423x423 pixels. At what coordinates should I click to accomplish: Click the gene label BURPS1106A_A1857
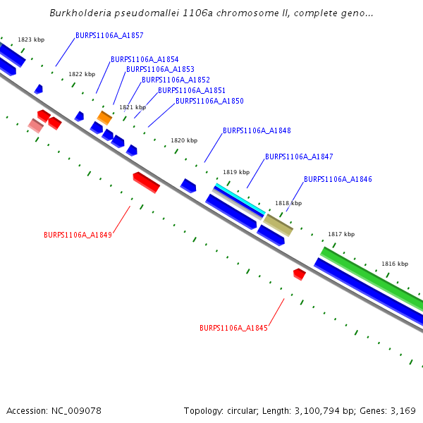(109, 35)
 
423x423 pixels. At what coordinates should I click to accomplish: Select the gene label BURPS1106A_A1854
(145, 60)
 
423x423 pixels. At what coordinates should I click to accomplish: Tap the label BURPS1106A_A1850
(209, 102)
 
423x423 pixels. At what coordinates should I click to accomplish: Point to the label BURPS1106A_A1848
(257, 131)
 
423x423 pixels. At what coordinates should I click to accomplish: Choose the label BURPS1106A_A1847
(299, 157)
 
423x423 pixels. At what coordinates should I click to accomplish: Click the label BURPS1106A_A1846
(338, 180)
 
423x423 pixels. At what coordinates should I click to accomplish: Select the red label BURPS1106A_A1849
(78, 235)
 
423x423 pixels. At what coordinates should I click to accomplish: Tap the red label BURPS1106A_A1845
(233, 329)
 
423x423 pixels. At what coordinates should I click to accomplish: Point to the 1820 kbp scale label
(184, 141)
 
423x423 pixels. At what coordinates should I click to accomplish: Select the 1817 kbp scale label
(341, 234)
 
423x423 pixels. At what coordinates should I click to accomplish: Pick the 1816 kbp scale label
(395, 264)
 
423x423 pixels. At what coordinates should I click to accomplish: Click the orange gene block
(104, 118)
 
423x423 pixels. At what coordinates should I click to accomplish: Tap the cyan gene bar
(240, 200)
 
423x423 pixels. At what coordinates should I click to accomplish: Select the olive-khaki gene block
(278, 226)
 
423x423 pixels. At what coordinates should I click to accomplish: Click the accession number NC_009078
(75, 411)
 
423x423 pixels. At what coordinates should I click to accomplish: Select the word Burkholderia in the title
(82, 13)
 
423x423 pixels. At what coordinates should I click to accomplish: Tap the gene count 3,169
(402, 411)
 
